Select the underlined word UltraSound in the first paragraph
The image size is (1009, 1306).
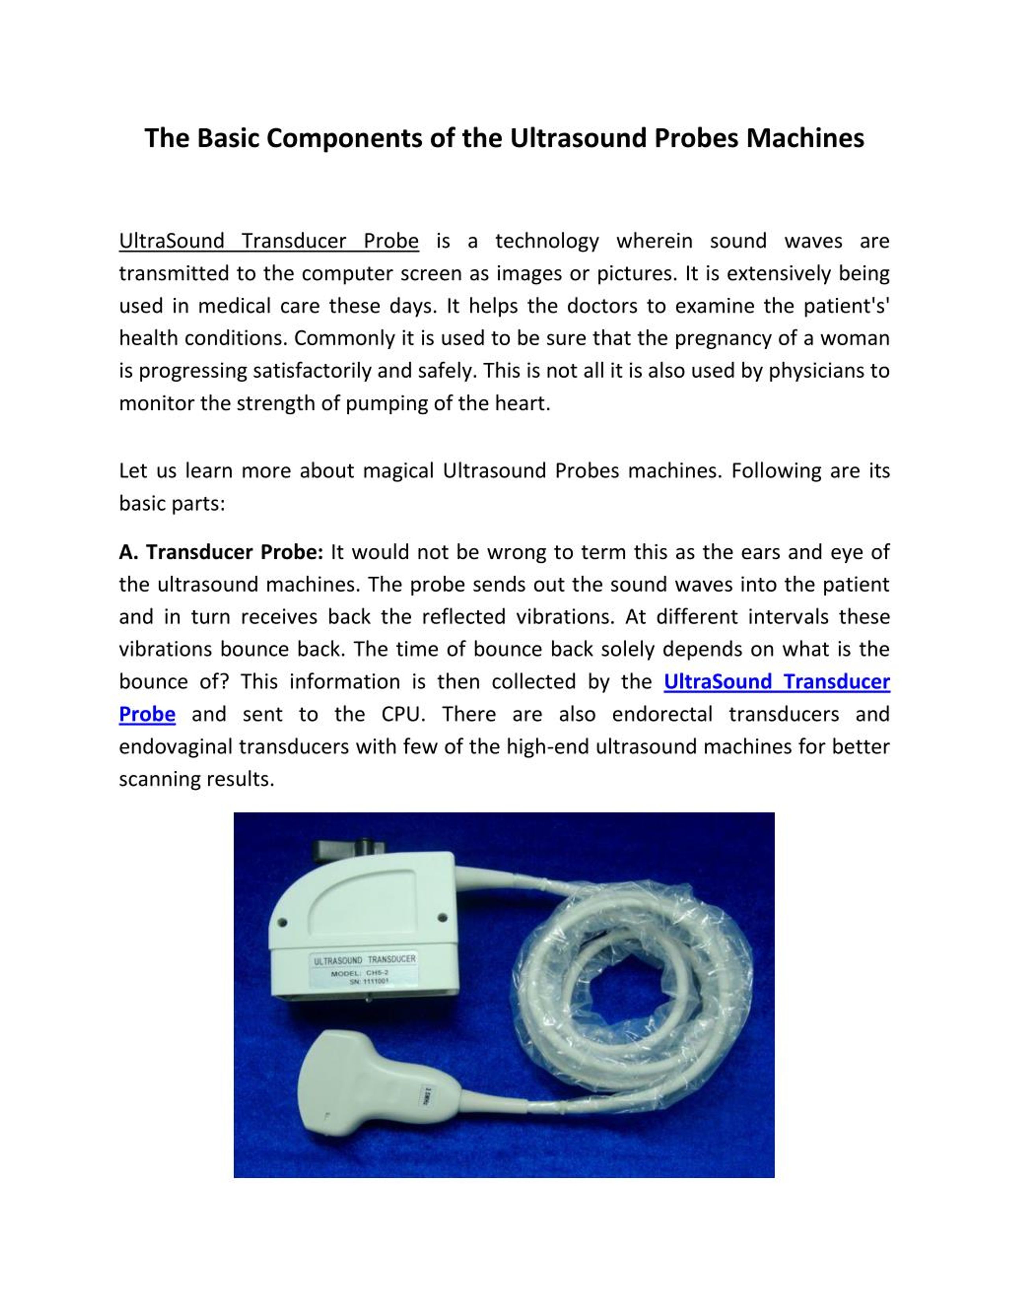[171, 241]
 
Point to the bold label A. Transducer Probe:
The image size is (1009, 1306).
[221, 552]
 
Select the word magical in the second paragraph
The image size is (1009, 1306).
[398, 471]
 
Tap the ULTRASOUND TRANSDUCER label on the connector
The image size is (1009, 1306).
[365, 960]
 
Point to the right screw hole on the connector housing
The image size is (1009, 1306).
[442, 917]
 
